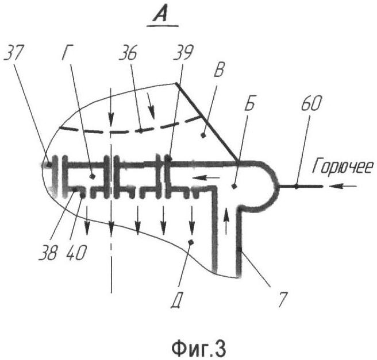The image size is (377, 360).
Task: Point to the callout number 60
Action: [311, 103]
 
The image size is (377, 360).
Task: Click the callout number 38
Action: [48, 253]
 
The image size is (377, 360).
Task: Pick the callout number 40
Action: [76, 253]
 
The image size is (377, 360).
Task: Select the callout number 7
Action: [283, 300]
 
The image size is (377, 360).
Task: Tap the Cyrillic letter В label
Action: [219, 71]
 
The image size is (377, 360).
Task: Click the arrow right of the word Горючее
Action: [343, 186]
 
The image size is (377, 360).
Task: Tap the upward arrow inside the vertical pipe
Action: [226, 221]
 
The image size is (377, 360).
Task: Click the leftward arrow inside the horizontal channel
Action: [206, 178]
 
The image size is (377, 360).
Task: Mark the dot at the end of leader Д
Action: [191, 242]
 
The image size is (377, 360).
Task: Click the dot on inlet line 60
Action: [297, 186]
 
